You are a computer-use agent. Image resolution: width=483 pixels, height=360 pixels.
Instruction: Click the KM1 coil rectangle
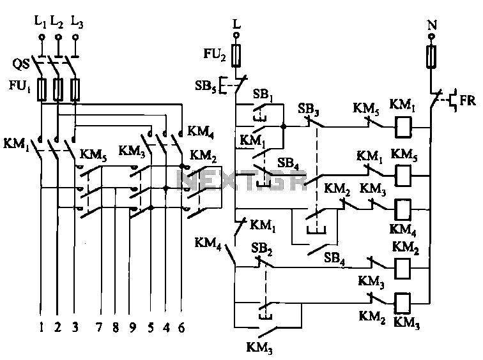pos(404,127)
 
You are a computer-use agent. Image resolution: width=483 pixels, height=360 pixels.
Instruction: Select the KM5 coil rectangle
pos(403,176)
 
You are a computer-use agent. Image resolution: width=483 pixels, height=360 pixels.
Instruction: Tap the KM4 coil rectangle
pos(403,209)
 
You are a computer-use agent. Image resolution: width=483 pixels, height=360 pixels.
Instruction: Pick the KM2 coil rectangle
pos(402,269)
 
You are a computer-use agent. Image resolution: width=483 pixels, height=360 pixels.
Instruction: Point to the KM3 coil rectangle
pos(402,304)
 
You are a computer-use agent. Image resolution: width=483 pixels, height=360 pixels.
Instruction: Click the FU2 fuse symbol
pos(236,56)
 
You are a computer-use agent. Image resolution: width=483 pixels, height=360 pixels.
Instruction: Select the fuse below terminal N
pos(431,57)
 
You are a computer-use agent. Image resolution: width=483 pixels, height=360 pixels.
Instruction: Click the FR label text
pos(467,100)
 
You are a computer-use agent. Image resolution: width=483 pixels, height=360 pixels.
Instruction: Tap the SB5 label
pos(206,86)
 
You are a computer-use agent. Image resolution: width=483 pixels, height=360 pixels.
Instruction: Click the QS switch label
pos(21,64)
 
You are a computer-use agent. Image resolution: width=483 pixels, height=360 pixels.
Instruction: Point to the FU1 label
pos(20,86)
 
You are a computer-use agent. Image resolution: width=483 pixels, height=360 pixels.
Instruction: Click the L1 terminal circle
pos(42,37)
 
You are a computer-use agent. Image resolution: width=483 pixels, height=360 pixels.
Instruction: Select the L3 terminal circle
pos(75,37)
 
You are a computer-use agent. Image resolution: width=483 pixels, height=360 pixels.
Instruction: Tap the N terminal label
pos(432,25)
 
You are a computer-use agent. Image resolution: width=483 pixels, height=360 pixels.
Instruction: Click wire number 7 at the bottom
pos(98,327)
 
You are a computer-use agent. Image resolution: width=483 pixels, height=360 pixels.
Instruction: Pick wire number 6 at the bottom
pos(181,327)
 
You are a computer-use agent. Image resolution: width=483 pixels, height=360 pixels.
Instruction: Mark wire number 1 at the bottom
pos(41,327)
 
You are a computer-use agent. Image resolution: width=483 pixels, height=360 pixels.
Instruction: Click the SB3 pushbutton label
pos(308,110)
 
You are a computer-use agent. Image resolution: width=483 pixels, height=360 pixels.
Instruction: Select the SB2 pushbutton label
pos(261,248)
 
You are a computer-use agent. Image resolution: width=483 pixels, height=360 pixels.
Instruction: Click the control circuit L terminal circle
pos(236,35)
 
